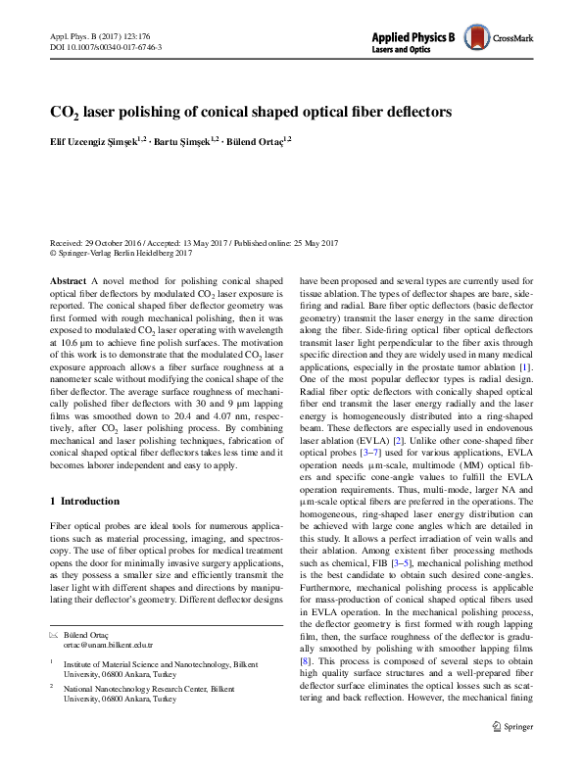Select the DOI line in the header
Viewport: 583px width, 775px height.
pyautogui.click(x=106, y=47)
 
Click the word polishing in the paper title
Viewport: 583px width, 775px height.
pyautogui.click(x=148, y=113)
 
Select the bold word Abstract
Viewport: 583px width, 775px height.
pyautogui.click(x=67, y=279)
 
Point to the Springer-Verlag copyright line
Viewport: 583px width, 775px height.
pyautogui.click(x=121, y=252)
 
